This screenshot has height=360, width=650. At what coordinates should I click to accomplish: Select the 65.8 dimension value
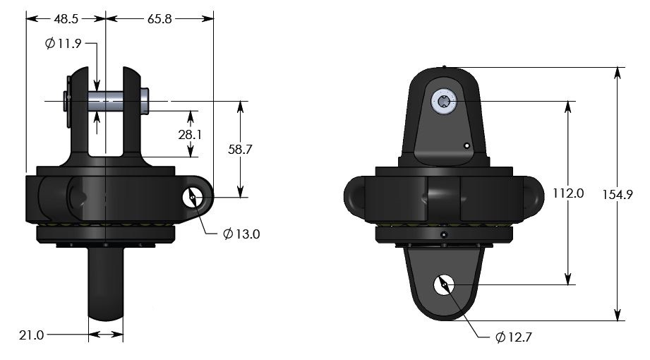click(x=160, y=20)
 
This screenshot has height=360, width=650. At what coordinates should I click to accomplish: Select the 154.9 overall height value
click(x=619, y=193)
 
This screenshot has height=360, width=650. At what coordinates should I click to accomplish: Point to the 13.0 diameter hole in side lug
click(x=193, y=198)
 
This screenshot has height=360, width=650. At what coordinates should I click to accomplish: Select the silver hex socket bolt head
click(x=444, y=102)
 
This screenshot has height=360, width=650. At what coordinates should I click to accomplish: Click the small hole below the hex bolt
click(x=467, y=145)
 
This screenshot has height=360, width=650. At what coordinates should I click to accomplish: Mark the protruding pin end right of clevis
click(x=145, y=98)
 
